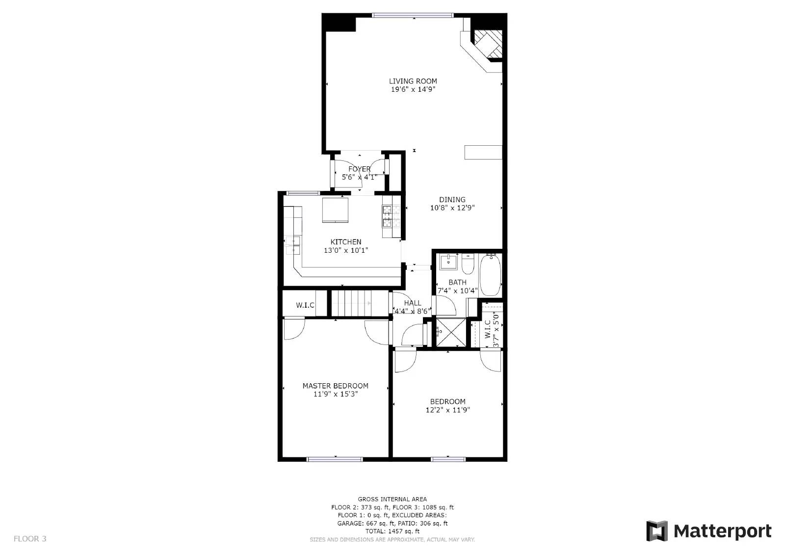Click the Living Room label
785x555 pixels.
click(x=413, y=81)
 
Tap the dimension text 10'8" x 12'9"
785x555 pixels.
click(x=452, y=208)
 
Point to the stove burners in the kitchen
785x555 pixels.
click(x=387, y=216)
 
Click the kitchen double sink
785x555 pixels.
click(x=292, y=245)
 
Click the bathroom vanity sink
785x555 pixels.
click(x=447, y=262)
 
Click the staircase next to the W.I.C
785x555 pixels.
click(x=352, y=303)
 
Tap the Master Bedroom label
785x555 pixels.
click(x=335, y=386)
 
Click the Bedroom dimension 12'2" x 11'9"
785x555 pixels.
click(x=447, y=410)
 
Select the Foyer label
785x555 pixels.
click(x=359, y=169)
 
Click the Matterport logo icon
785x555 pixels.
click(x=657, y=531)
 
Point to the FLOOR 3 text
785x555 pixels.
click(x=30, y=538)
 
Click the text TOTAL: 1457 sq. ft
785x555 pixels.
click(x=392, y=531)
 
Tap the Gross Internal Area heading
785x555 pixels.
click(x=392, y=499)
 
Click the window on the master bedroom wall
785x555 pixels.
click(x=335, y=459)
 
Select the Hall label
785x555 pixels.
click(x=413, y=303)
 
